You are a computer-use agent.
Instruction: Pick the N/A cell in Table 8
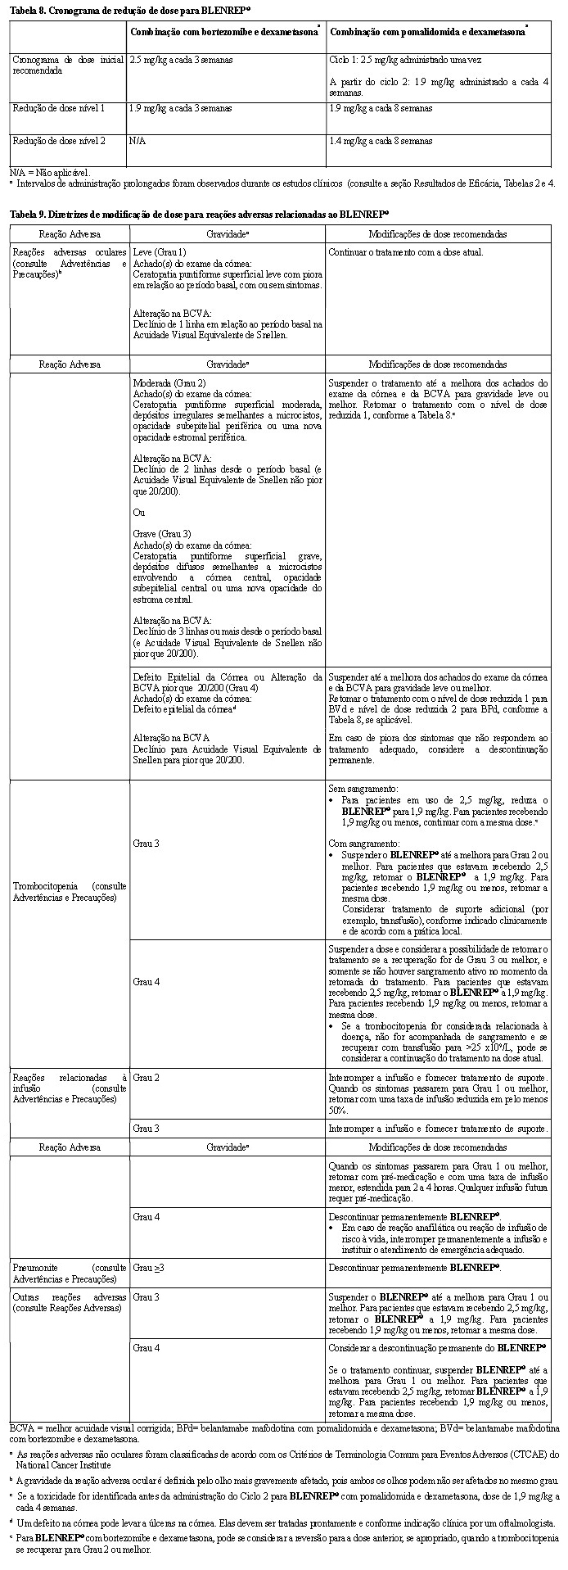137,141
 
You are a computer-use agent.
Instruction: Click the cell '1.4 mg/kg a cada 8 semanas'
381,141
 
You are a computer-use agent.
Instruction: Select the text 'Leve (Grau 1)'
160,252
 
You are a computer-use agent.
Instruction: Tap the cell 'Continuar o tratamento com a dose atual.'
405,252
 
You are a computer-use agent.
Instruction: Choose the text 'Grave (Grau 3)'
162,534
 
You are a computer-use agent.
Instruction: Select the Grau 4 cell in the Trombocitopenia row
147,981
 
